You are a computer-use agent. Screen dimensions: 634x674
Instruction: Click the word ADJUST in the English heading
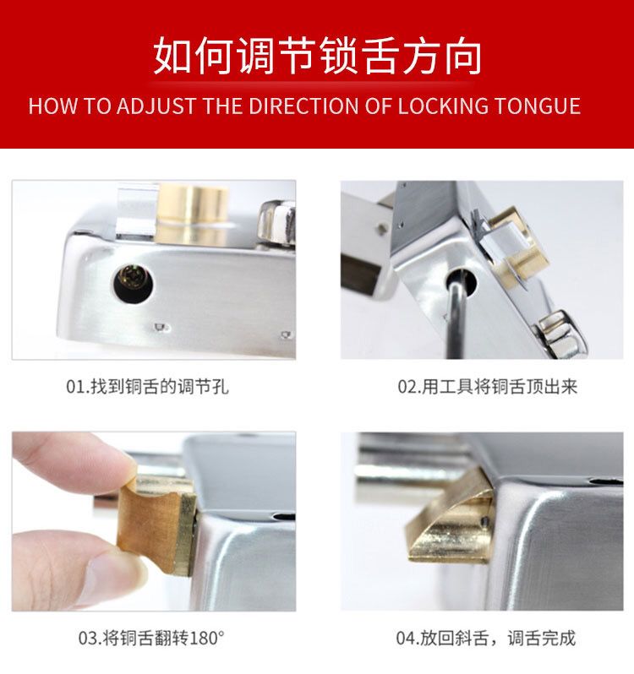pos(156,106)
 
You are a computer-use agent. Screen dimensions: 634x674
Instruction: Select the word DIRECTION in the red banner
pos(303,106)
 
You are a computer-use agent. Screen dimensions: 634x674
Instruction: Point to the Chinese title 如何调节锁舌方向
pos(317,56)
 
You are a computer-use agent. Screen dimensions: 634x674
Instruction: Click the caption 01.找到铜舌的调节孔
pos(148,387)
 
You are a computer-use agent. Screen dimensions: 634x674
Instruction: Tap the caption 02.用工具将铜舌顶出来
pos(487,387)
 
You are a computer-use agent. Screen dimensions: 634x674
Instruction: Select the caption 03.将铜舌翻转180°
pos(151,638)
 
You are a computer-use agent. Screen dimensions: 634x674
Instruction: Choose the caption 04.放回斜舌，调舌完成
pos(485,638)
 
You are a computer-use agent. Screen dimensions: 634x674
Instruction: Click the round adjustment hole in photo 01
pos(134,283)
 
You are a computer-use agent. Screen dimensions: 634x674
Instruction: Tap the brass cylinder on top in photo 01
pos(192,211)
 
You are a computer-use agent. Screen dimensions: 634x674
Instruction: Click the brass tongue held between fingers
pos(157,525)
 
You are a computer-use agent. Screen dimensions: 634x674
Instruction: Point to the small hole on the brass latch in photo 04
pos(484,521)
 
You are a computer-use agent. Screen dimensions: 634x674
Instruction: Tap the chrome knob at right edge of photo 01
pos(277,224)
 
